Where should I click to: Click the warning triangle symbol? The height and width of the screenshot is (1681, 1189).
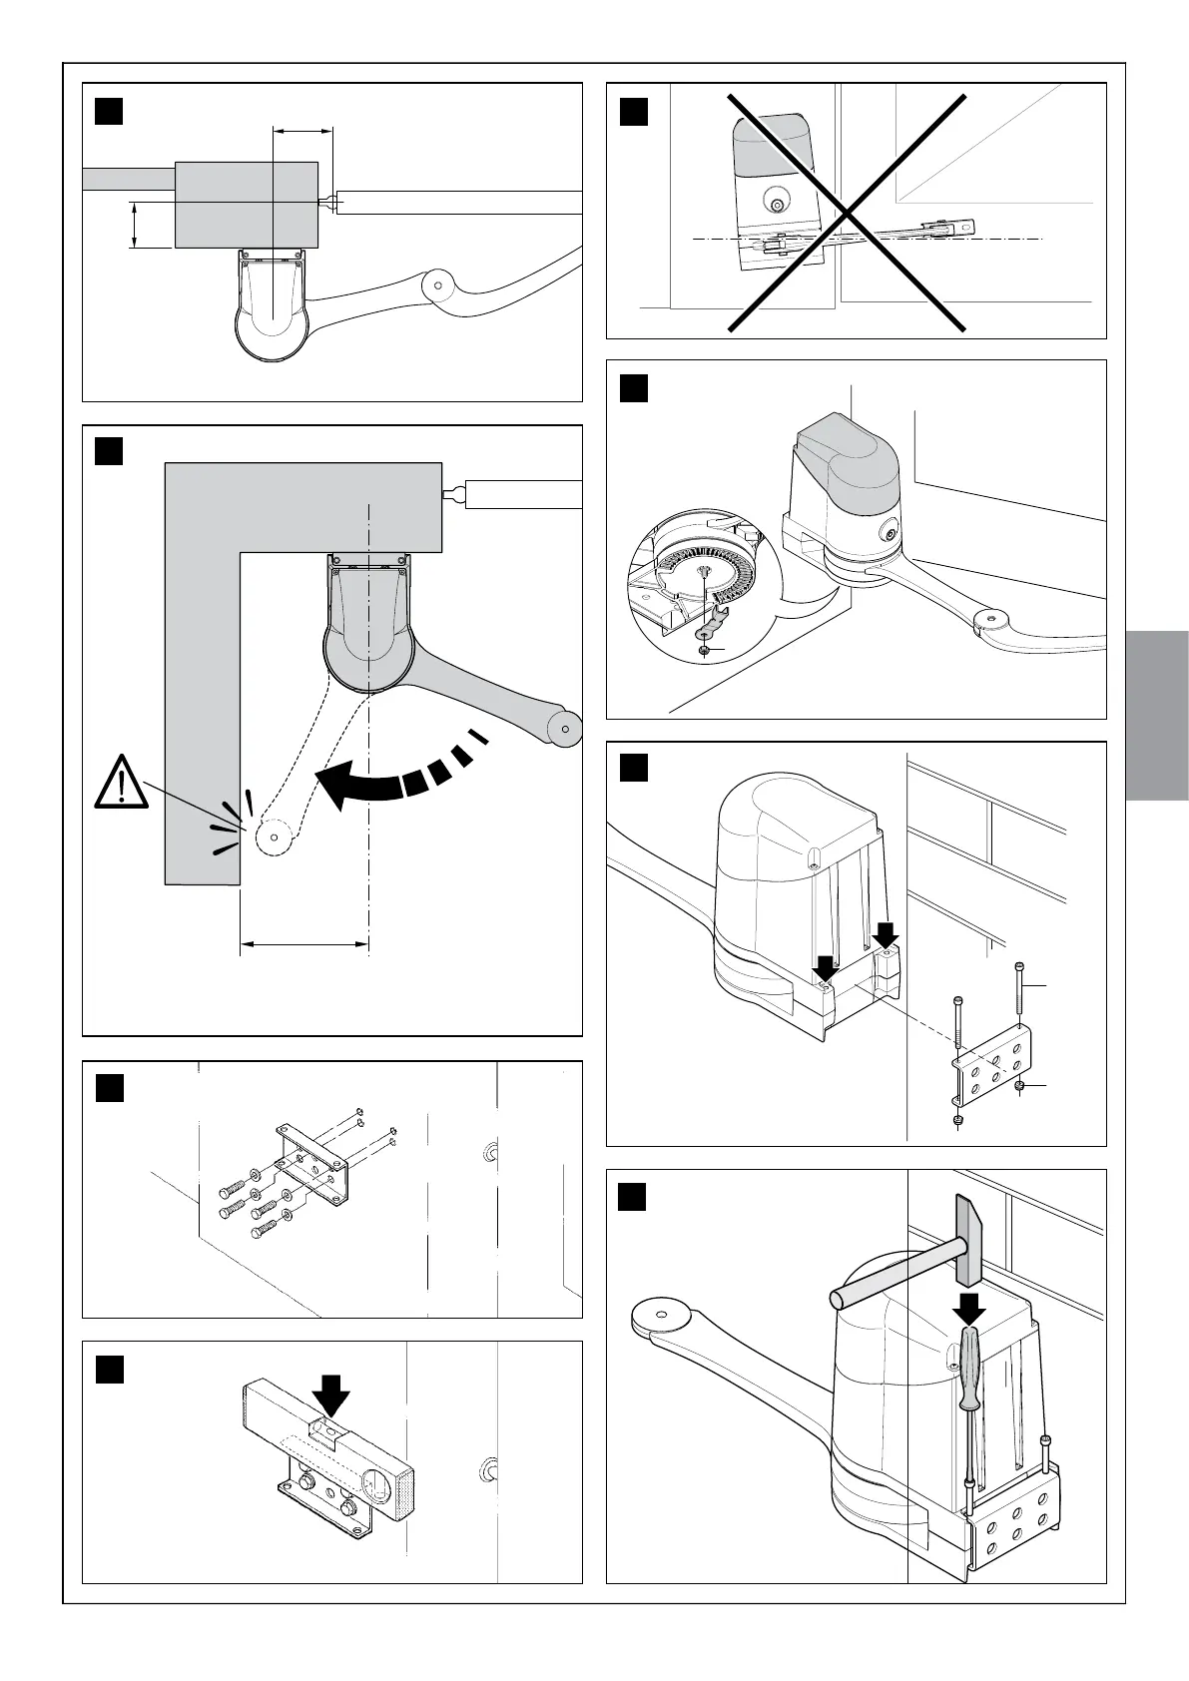(x=121, y=783)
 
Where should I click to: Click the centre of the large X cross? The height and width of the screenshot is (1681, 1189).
(x=847, y=213)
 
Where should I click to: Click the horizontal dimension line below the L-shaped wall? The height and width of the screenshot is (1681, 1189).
(x=304, y=942)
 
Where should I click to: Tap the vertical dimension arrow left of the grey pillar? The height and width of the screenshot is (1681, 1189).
(x=134, y=226)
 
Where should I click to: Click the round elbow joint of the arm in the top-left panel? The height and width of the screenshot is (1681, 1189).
(x=436, y=284)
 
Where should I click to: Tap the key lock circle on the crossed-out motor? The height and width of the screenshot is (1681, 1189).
(x=777, y=205)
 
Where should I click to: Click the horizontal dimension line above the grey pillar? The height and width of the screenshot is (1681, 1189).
(x=302, y=130)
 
